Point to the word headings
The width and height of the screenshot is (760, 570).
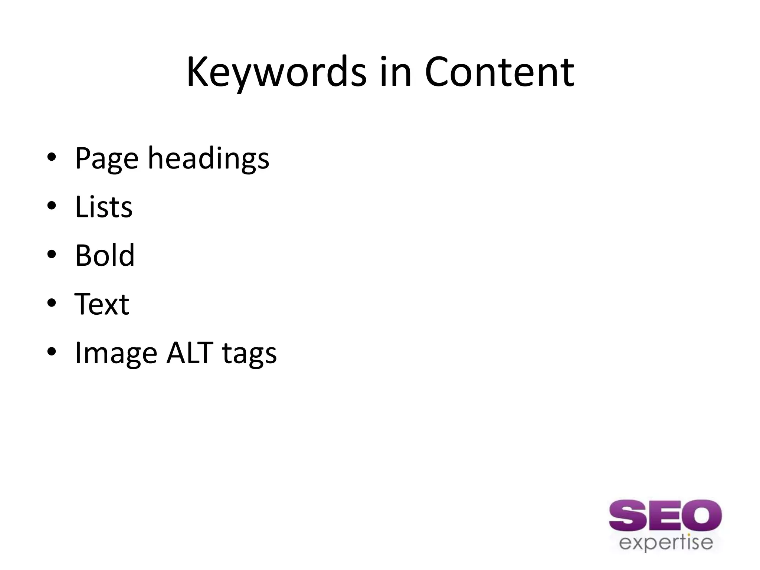coord(208,159)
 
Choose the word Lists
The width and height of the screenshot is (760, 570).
coord(104,207)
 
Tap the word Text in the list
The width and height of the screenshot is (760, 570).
coord(102,304)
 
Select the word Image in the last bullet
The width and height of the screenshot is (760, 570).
coord(116,354)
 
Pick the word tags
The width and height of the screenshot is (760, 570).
coord(249,354)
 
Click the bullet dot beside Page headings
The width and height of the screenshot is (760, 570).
coord(52,157)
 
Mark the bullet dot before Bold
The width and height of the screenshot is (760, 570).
coord(52,255)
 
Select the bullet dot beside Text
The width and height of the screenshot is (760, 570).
coord(52,303)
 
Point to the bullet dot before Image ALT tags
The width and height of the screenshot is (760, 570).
coord(52,352)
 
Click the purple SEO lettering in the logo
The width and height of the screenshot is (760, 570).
coord(665,516)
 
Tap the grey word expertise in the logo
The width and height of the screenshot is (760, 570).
coord(666,543)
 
